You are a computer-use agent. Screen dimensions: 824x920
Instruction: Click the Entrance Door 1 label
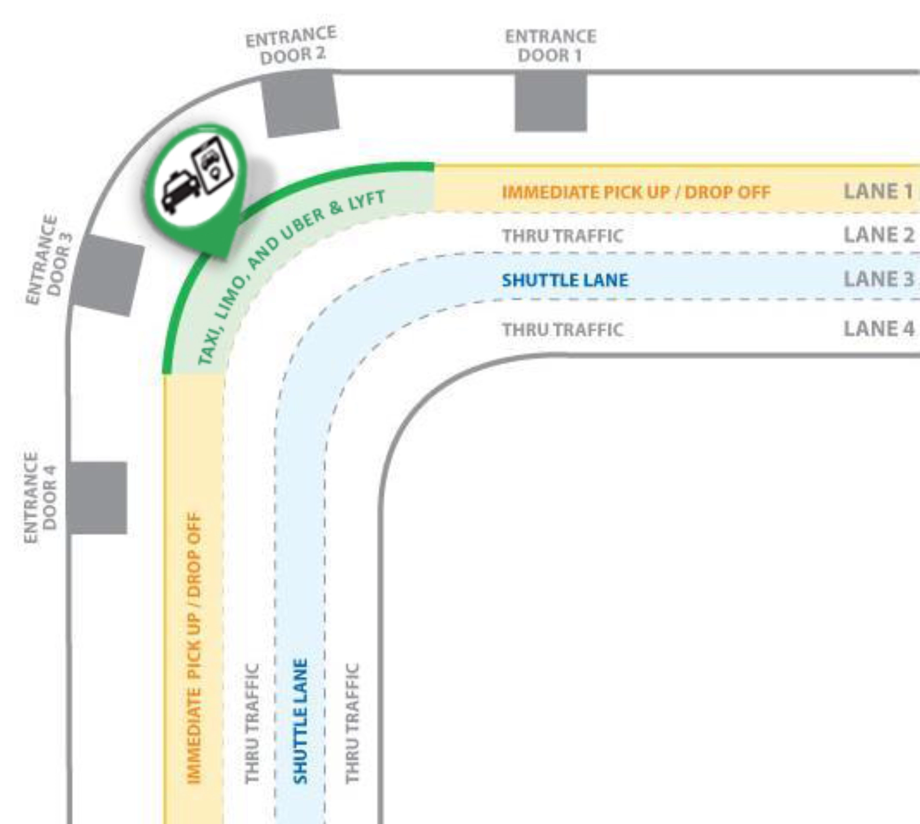551,46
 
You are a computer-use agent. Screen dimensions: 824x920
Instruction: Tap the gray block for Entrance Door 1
551,101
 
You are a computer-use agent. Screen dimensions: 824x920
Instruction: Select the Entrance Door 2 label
291,46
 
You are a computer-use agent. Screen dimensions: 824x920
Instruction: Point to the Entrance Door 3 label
49,259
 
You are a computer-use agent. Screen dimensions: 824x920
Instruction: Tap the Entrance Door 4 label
40,497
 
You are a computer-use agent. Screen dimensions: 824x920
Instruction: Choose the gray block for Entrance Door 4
97,498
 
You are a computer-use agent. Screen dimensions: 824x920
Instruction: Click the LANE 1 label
878,191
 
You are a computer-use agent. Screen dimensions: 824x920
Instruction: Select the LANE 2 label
879,235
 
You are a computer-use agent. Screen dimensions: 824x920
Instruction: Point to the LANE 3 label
879,279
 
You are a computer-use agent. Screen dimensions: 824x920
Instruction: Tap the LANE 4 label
879,329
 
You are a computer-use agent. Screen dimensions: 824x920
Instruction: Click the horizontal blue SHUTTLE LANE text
565,280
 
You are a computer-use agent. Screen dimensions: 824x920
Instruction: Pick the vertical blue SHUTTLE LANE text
300,721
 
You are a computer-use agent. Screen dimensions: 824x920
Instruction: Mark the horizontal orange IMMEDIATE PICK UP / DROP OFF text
636,192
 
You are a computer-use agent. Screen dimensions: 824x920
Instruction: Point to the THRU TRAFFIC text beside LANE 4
563,330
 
